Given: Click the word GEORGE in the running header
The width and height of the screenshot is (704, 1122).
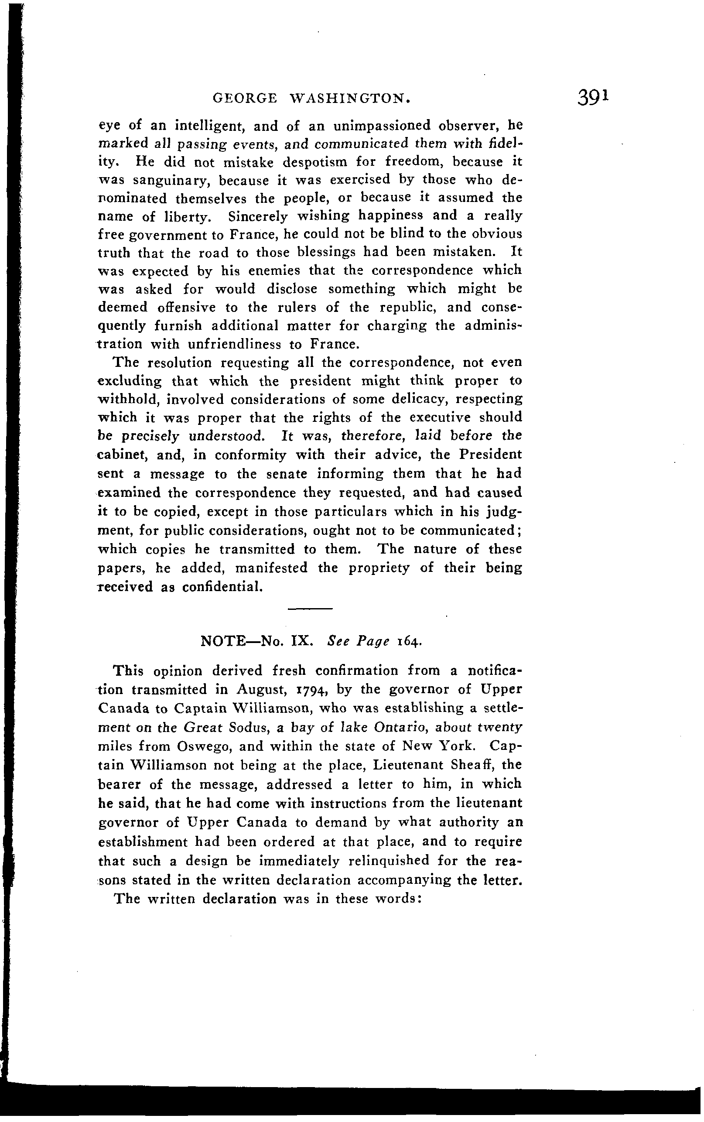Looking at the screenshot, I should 244,98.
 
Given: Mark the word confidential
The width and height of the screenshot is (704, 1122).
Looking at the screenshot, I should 222,587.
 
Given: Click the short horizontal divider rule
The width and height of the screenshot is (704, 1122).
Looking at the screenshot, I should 310,609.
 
